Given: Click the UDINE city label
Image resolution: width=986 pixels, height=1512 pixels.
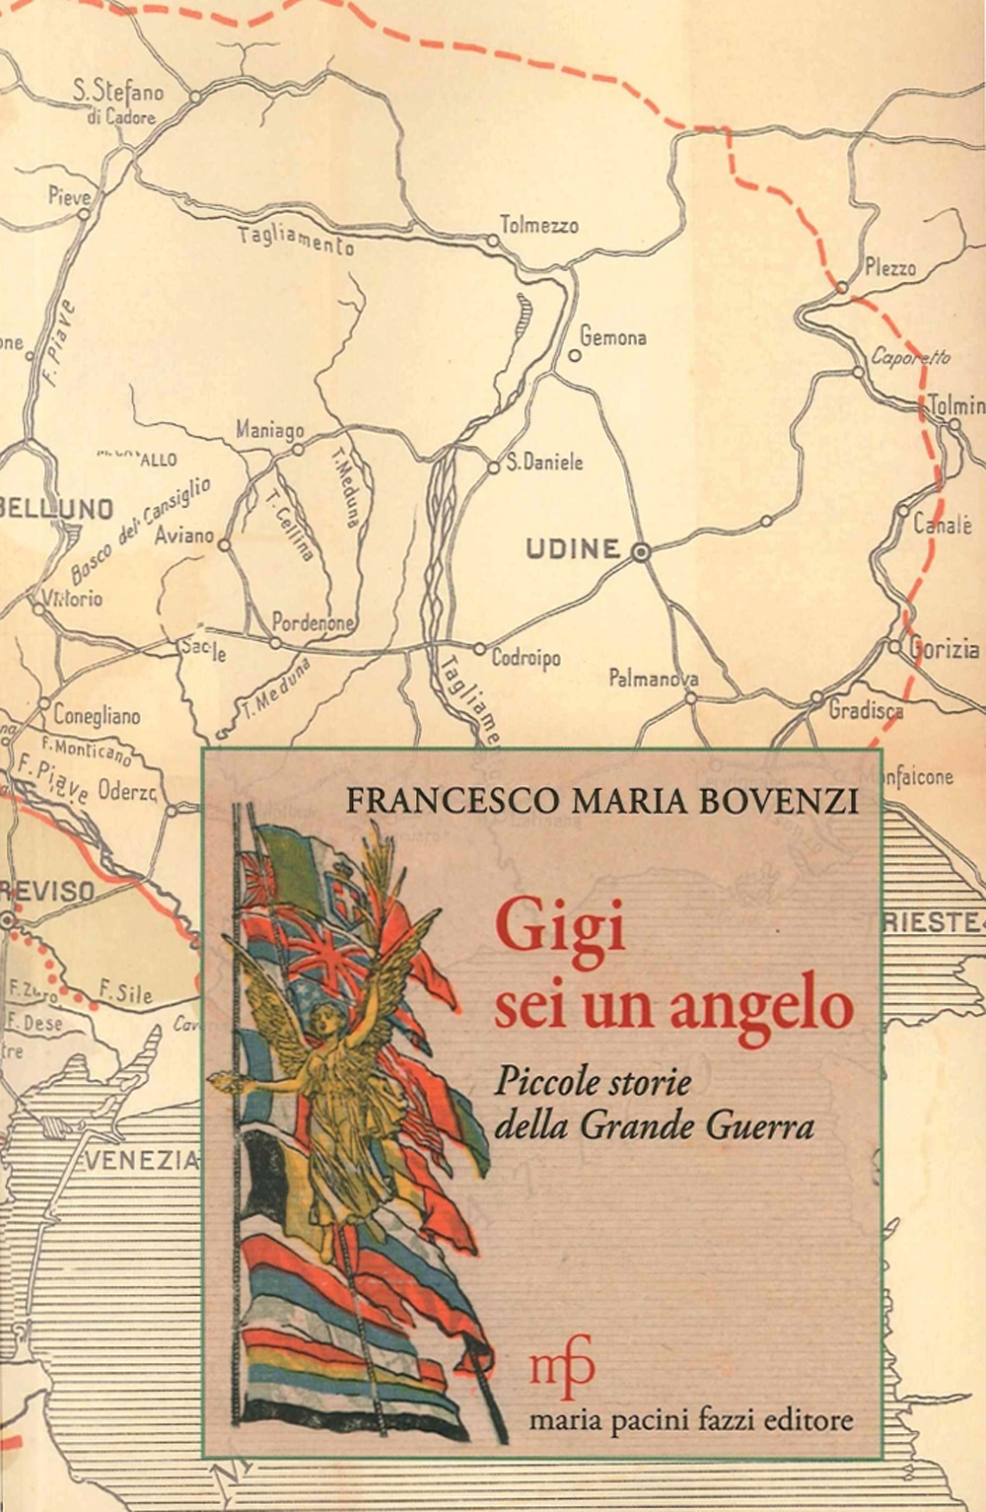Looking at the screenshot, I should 573,549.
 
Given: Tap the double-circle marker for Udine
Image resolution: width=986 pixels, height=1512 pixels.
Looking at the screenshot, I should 642,553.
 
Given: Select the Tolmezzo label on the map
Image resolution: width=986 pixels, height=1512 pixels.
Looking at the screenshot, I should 538,226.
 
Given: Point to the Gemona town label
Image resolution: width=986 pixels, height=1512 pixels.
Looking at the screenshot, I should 612,337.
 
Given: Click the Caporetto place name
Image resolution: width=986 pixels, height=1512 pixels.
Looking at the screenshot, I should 909,356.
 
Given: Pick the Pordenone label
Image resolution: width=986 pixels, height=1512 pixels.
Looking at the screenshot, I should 312,622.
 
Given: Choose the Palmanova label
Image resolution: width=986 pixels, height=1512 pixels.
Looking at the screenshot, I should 653,678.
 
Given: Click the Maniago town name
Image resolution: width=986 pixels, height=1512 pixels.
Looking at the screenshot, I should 269,430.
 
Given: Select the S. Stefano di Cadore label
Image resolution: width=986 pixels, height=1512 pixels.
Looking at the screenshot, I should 117,103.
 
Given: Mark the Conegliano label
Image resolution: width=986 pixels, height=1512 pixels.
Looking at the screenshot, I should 97,715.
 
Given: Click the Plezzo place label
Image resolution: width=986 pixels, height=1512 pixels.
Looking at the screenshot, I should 889,267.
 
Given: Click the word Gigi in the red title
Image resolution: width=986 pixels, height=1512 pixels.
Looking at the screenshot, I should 560,931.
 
